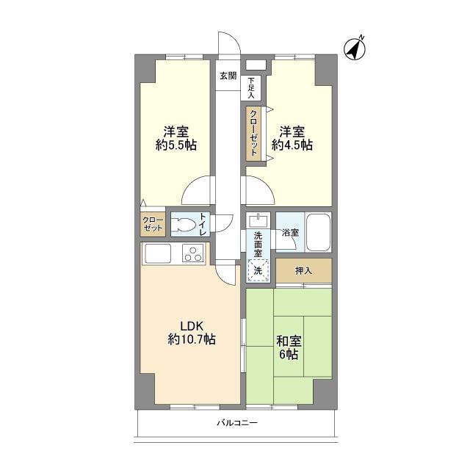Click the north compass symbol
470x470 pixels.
click(x=355, y=49)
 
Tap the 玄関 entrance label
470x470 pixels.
click(x=228, y=76)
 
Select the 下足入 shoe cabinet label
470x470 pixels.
click(x=251, y=88)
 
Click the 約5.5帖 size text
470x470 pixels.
click(x=176, y=145)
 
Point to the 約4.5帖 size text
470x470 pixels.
click(x=292, y=145)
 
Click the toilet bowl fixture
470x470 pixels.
click(x=183, y=225)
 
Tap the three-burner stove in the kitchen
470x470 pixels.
click(x=192, y=253)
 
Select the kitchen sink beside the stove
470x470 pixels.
click(x=158, y=253)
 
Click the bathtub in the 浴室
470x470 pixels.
click(x=318, y=232)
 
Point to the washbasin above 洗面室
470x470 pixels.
click(x=258, y=220)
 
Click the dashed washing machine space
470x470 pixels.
click(x=258, y=270)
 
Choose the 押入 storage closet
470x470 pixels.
click(x=303, y=270)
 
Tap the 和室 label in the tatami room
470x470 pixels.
click(x=289, y=341)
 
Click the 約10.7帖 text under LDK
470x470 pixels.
click(x=192, y=339)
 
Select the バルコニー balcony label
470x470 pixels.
click(x=237, y=423)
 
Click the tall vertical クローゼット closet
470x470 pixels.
click(x=253, y=134)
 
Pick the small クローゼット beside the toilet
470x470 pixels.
click(x=153, y=224)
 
